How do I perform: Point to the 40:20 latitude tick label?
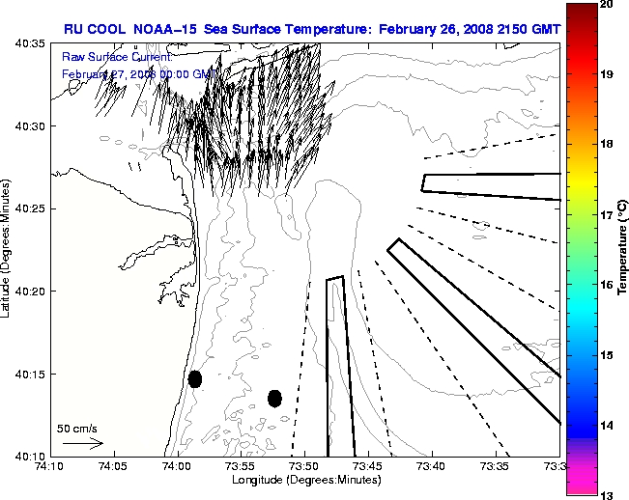point(29,292)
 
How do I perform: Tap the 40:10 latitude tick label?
point(29,456)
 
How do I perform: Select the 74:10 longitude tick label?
point(49,466)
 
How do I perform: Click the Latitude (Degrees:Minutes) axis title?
point(8,250)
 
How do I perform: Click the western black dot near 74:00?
point(195,378)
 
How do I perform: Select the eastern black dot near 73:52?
point(274,398)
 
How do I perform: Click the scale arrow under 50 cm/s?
point(83,443)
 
